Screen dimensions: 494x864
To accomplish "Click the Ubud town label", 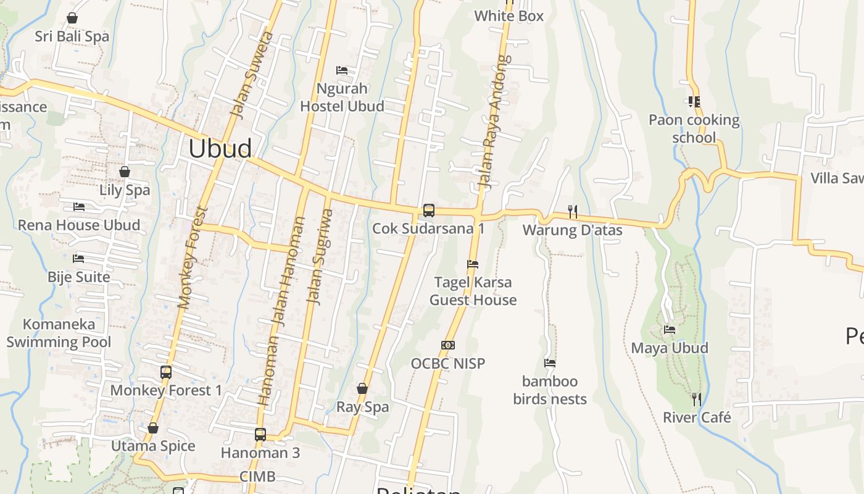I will (220, 149).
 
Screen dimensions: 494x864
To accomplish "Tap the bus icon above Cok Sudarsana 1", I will (428, 211).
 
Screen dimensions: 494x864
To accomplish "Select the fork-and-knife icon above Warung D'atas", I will (573, 212).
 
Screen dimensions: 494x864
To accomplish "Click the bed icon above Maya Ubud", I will (670, 330).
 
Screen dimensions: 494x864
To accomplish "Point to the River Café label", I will (697, 417).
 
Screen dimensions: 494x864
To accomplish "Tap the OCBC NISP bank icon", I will (448, 345).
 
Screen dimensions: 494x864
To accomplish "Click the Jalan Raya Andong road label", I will (496, 122).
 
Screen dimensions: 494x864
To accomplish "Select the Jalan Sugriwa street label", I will (321, 256).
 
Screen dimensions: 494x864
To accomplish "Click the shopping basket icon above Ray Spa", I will (362, 388).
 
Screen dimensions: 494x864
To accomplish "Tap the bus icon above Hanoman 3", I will (260, 435).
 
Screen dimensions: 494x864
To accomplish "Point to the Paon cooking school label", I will (694, 128).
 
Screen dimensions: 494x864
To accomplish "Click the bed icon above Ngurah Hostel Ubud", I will (342, 70).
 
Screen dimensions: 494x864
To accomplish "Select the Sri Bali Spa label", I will (72, 36).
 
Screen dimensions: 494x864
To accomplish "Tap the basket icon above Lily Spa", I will (125, 172).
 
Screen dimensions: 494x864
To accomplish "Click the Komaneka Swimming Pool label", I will (59, 333).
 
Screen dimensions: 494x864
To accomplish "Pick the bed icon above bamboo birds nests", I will (550, 363).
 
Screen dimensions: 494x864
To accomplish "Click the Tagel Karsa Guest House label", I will (473, 291).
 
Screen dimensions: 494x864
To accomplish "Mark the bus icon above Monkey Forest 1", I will (166, 372).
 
